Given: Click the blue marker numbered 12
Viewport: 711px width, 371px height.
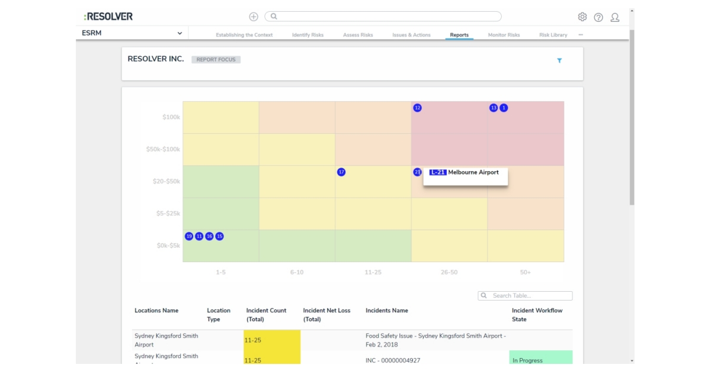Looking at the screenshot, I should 418,108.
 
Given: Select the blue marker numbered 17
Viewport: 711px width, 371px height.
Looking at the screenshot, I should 341,172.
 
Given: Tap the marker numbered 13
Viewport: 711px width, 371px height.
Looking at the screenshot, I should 494,108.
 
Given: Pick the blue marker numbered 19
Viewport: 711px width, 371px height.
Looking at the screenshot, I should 189,236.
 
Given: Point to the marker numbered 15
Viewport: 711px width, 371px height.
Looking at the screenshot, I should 219,236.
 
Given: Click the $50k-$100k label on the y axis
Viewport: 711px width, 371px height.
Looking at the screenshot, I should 163,149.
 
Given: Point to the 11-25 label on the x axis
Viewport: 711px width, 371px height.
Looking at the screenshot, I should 373,272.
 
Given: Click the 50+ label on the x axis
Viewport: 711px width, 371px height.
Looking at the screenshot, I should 526,272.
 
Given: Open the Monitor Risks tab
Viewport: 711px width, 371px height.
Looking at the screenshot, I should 504,35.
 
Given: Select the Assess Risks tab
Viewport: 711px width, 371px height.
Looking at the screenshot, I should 358,35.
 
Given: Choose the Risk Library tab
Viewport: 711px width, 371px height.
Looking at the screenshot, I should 553,35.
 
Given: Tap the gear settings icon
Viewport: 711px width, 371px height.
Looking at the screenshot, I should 582,17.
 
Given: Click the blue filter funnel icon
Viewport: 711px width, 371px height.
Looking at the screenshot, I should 559,60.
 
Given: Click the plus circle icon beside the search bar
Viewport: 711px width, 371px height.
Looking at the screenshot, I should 254,17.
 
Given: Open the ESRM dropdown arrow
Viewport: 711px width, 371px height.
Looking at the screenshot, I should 180,33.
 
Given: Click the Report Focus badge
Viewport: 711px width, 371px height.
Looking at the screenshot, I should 216,60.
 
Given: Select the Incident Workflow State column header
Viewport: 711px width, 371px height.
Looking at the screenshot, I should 537,315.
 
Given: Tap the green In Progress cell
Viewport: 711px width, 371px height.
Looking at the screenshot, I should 540,360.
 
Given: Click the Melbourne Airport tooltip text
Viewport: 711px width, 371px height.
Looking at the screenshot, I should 473,173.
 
